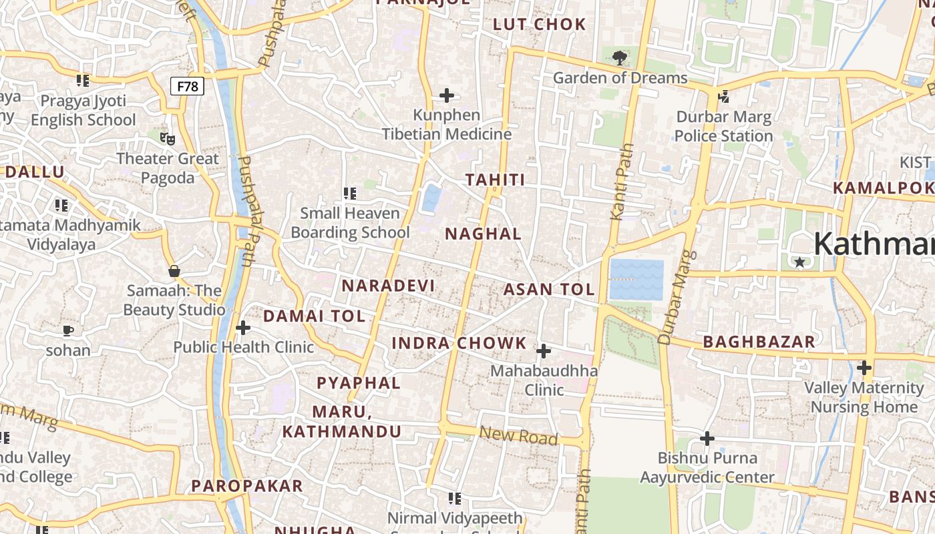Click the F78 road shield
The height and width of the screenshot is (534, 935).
[187, 86]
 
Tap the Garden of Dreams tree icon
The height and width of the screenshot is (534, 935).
[620, 58]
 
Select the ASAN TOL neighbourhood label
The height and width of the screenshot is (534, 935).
[548, 290]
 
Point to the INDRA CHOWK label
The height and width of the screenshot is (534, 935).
[459, 344]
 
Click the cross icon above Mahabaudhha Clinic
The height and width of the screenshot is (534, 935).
[544, 351]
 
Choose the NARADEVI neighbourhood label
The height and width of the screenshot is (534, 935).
[388, 286]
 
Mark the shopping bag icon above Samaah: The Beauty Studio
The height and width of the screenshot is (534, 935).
[174, 271]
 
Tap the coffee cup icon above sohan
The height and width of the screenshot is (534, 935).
[67, 330]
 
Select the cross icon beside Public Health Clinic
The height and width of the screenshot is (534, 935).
[243, 328]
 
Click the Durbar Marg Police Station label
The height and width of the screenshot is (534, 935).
[723, 127]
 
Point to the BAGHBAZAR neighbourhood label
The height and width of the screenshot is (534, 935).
[759, 342]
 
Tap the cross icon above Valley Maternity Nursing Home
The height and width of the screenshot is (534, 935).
[864, 368]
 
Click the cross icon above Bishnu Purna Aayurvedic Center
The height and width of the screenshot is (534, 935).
[707, 439]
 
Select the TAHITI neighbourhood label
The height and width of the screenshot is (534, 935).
[495, 180]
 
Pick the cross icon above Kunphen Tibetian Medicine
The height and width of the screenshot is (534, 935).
[447, 95]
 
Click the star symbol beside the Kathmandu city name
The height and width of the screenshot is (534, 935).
[799, 262]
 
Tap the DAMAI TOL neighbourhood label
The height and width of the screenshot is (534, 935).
[314, 316]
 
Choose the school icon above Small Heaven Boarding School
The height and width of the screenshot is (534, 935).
[349, 194]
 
